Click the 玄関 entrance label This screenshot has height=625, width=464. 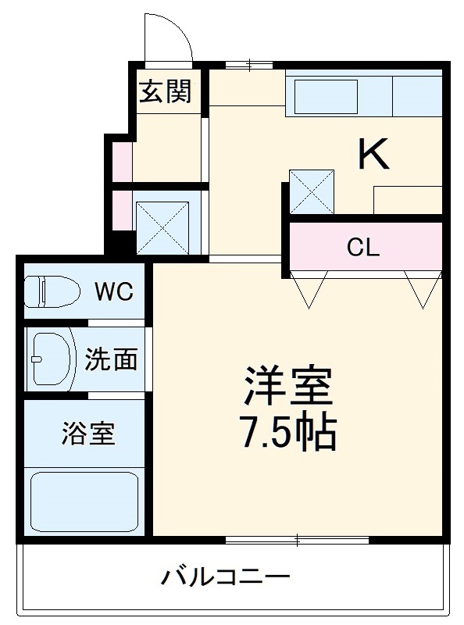165,92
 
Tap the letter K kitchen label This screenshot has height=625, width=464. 373,153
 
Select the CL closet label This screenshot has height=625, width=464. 363,248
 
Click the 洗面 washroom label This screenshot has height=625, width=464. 111,359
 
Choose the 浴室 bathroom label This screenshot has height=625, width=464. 88,434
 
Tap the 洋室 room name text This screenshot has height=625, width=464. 288,386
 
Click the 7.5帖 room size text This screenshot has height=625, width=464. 288,430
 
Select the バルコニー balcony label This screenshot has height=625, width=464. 226,578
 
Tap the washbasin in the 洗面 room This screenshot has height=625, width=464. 50,359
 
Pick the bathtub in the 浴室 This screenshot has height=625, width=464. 84,500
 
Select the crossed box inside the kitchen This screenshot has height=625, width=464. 312,191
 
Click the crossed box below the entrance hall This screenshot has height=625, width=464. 163,227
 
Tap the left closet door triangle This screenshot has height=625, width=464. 308,288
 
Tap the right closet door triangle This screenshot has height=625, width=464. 423,288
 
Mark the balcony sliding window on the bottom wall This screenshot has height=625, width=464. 297,538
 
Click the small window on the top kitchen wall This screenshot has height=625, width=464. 248,64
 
